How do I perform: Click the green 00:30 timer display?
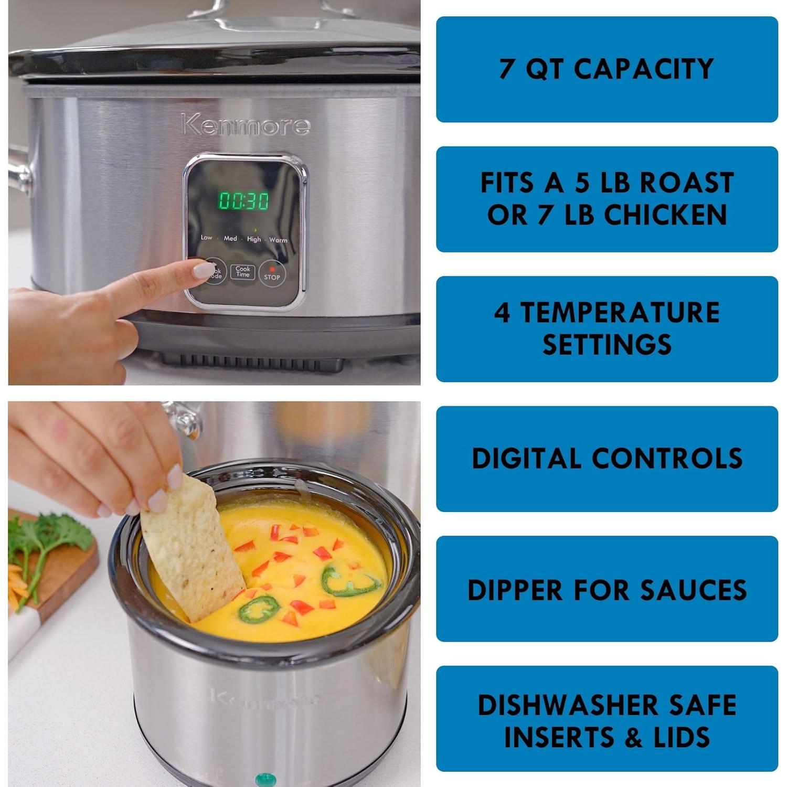coord(243,200)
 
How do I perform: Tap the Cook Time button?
coord(242,271)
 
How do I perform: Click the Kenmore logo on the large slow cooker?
coord(246,125)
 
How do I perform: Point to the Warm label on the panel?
coord(278,240)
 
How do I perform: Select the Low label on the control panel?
coord(206,238)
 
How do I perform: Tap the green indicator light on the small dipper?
coord(265,779)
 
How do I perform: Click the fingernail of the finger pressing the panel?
coord(203,270)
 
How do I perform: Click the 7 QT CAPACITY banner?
coord(607,69)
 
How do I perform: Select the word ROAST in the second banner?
coord(686,183)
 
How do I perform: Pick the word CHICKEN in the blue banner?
coord(665,215)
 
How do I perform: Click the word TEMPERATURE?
coord(620,313)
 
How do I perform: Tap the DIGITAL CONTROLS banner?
coord(607,459)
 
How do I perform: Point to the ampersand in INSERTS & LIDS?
coord(634,738)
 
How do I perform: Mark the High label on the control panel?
coord(254,239)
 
